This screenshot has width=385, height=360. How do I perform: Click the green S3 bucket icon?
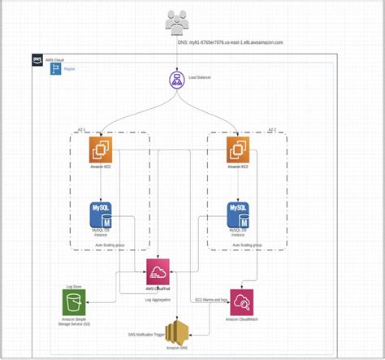(75, 304)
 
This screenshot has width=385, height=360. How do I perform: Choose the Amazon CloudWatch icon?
(242, 302)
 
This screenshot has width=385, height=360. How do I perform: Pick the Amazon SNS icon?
(176, 332)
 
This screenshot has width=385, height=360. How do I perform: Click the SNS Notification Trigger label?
(148, 332)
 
